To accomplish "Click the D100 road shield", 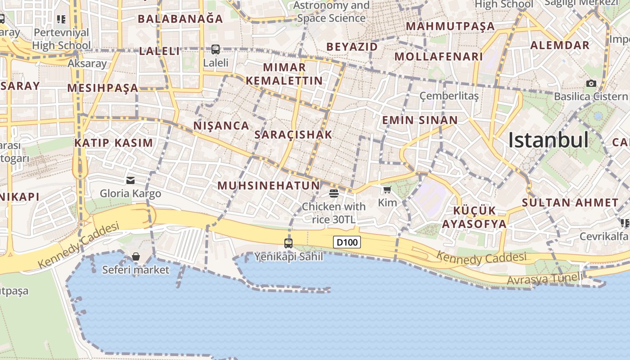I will [347, 243].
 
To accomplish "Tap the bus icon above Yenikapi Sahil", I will [288, 243].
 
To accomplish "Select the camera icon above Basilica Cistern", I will [591, 83].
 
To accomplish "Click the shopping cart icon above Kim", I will [387, 189].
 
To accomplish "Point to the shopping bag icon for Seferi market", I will [136, 256].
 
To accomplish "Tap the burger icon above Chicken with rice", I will [333, 193].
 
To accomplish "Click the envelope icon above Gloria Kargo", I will [130, 180].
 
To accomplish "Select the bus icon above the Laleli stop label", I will [216, 49].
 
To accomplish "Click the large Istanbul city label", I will [548, 140].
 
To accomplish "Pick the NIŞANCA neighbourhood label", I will [221, 126].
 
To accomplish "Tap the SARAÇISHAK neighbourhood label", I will [293, 135].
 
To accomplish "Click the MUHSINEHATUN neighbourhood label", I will [269, 185].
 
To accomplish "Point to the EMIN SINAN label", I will [420, 120].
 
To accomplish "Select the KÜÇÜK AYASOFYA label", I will [474, 217].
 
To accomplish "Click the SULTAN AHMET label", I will [570, 202].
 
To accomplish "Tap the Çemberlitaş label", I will [449, 96].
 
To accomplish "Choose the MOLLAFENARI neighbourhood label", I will [439, 57].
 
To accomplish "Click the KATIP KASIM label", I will [114, 143].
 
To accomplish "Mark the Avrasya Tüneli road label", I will [544, 279].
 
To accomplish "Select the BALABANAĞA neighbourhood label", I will [180, 19].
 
